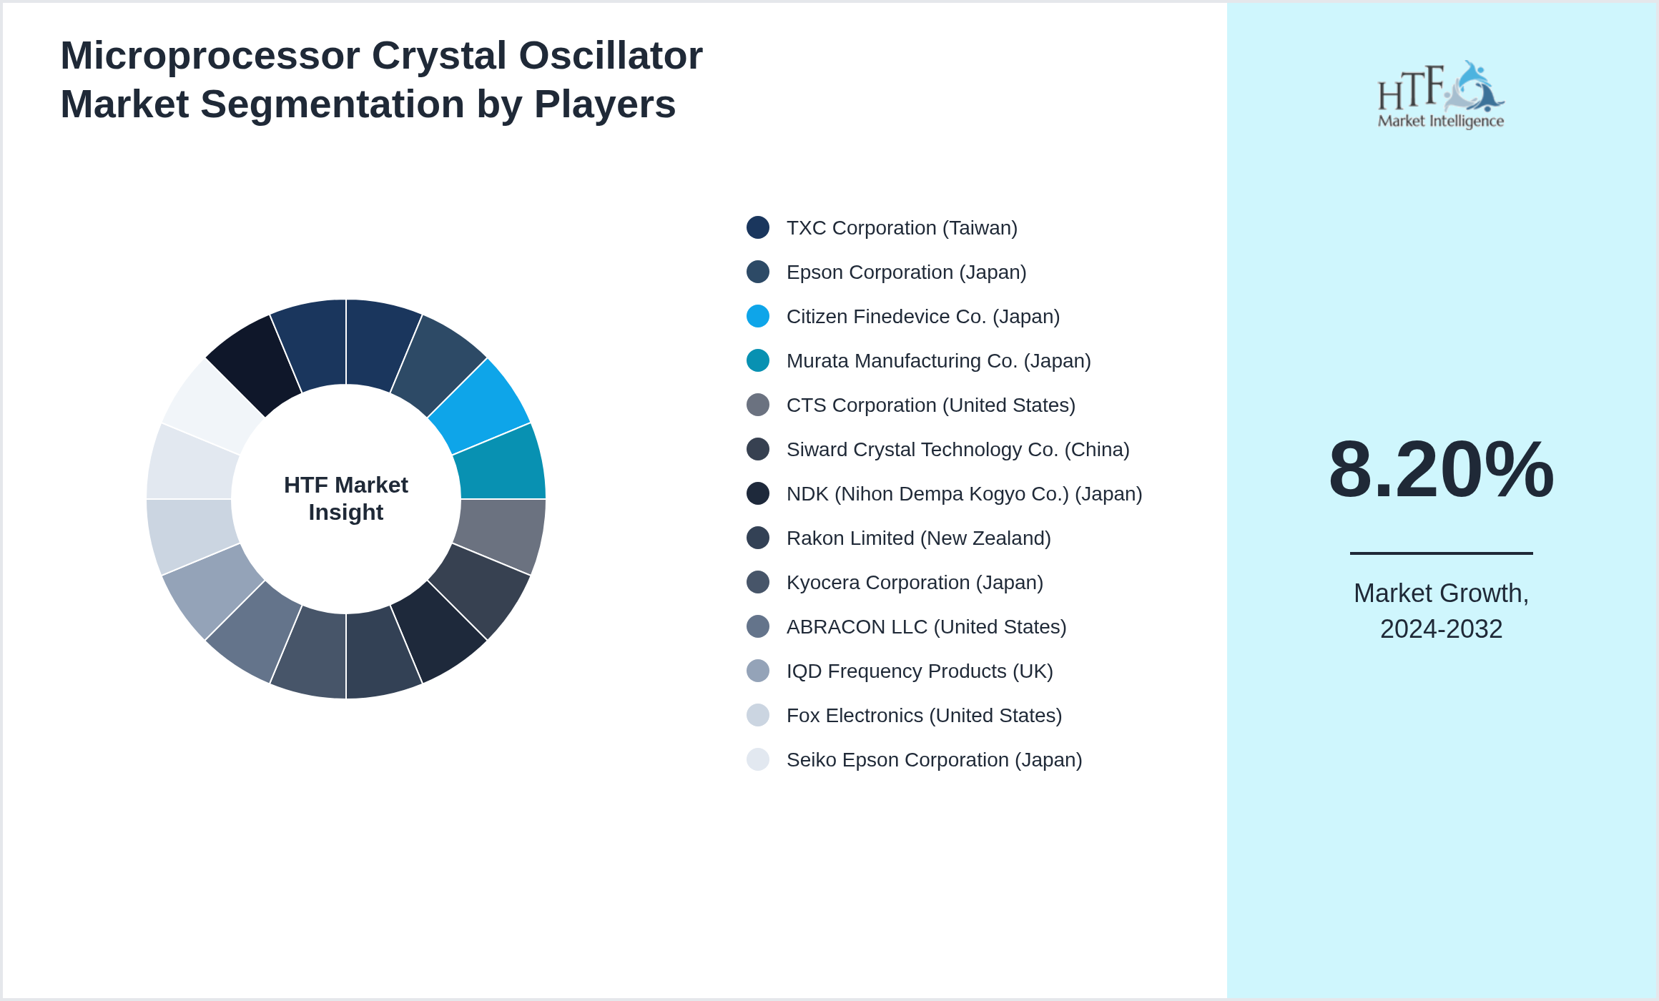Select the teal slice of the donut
(503, 463)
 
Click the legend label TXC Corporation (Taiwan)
(902, 228)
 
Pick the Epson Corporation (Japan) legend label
(906, 272)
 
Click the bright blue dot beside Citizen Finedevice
(758, 316)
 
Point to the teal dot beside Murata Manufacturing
(758, 360)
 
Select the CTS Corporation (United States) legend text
(930, 405)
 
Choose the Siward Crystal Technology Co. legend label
(958, 450)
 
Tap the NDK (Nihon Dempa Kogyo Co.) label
(964, 494)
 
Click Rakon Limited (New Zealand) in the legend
(918, 538)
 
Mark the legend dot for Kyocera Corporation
(758, 582)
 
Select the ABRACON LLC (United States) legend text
(926, 627)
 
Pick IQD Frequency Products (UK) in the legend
(920, 671)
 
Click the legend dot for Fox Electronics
(758, 715)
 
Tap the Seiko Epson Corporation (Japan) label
(934, 760)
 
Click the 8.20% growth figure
(1441, 470)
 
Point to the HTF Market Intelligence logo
(1441, 95)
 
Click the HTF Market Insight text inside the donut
(346, 498)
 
